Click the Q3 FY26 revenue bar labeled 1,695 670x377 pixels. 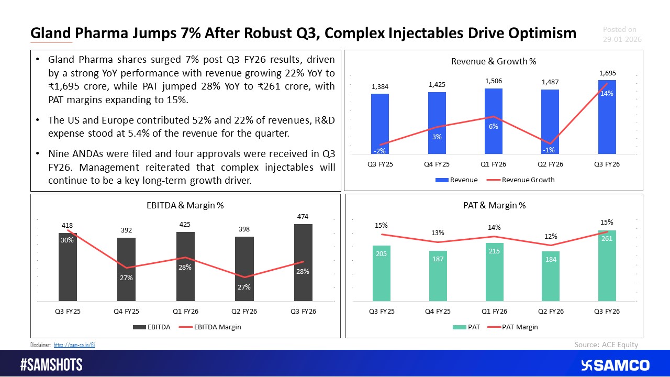click(607, 117)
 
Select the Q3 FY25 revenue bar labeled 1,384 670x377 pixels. click(380, 124)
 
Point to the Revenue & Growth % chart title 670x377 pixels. click(493, 61)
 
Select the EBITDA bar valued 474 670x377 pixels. click(303, 263)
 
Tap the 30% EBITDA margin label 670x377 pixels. click(67, 240)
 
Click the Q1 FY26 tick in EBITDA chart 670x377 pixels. click(185, 311)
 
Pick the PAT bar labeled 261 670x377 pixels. click(607, 266)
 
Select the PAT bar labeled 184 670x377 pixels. click(551, 276)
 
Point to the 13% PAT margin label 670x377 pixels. click(438, 232)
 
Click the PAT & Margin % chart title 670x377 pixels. click(495, 206)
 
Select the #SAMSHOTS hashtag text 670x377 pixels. click(51, 365)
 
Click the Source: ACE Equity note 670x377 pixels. click(606, 344)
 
